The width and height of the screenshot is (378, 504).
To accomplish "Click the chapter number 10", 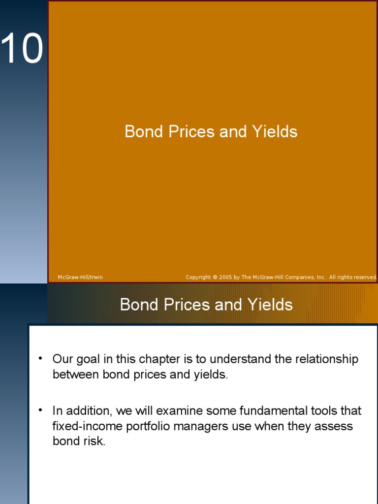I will [22, 49].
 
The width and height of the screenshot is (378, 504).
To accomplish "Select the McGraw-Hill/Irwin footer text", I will [80, 278].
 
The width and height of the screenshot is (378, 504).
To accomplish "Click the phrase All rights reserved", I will [353, 278].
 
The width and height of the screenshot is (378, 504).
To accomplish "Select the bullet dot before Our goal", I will [41, 358].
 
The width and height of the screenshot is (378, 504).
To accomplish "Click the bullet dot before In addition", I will [41, 409].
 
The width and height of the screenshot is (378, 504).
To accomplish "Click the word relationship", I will [327, 360].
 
